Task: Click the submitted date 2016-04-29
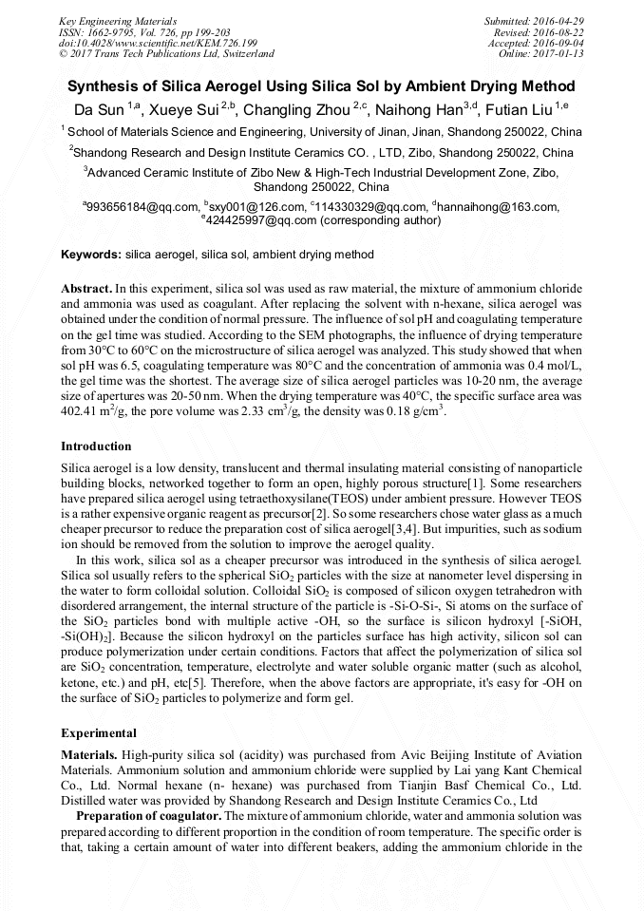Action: [558, 20]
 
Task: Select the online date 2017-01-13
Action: [558, 54]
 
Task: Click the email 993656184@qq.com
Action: [141, 206]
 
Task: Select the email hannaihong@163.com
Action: [499, 206]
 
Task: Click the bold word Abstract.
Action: [85, 287]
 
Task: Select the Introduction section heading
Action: [96, 446]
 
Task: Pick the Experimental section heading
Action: [98, 733]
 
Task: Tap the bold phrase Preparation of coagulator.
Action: [149, 816]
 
